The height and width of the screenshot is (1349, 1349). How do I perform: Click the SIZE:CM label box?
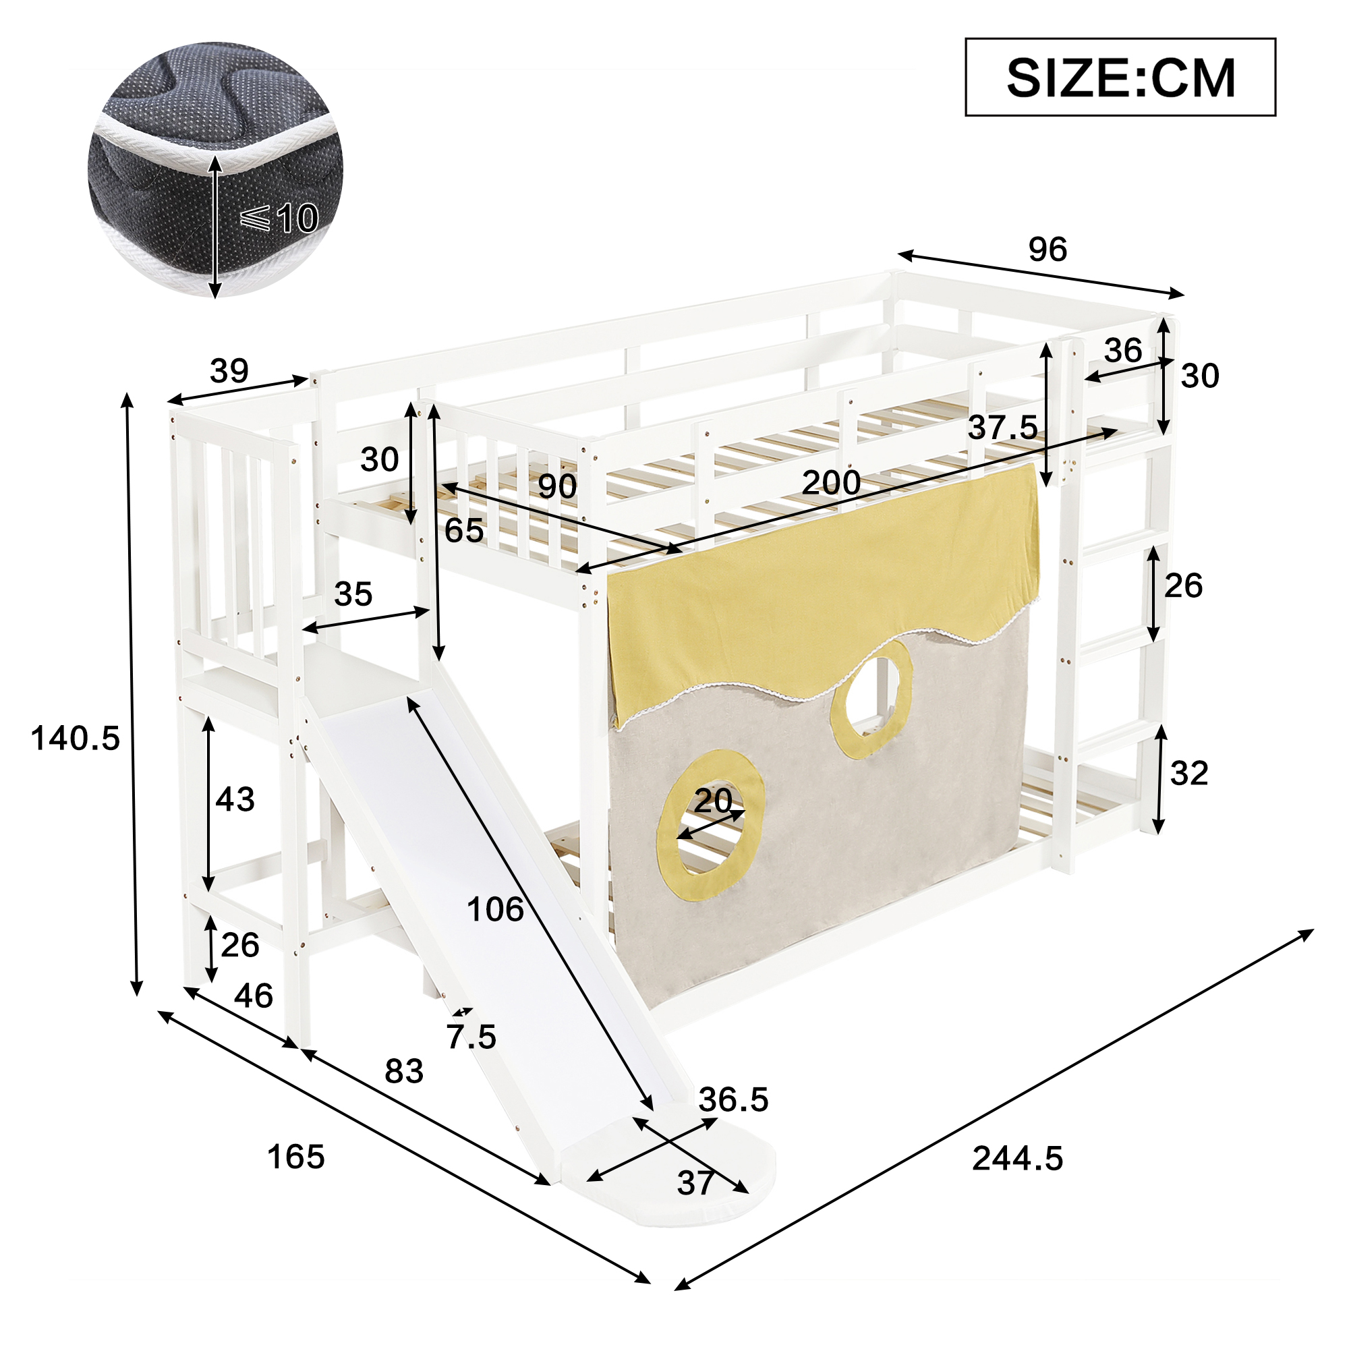pyautogui.click(x=1119, y=77)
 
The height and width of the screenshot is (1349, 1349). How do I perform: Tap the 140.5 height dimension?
pyautogui.click(x=76, y=738)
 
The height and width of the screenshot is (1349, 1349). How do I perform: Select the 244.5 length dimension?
pyautogui.click(x=1017, y=1158)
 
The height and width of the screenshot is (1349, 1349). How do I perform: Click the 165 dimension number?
pyautogui.click(x=296, y=1157)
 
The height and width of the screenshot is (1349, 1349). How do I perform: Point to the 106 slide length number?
pyautogui.click(x=495, y=909)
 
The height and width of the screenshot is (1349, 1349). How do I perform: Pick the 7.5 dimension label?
pyautogui.click(x=471, y=1036)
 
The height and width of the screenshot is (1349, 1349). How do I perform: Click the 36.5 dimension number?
pyautogui.click(x=733, y=1099)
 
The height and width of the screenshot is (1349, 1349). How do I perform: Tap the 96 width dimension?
pyautogui.click(x=1047, y=250)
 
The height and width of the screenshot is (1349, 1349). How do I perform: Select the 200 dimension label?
pyautogui.click(x=831, y=482)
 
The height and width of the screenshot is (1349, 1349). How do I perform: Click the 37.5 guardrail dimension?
pyautogui.click(x=1003, y=428)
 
